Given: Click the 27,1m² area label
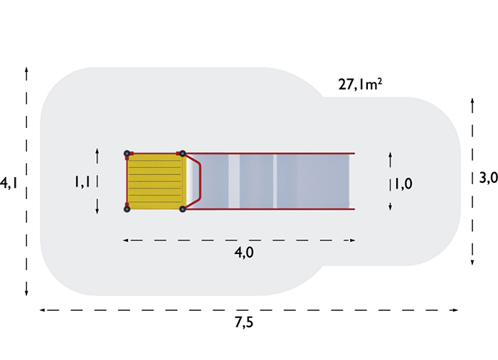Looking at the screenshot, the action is (360, 85).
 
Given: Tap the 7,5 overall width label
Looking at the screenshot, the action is (244, 322).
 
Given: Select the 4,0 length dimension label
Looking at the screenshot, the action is (244, 253).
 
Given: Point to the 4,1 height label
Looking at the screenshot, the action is (9, 184).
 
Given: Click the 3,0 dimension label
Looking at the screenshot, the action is (489, 178).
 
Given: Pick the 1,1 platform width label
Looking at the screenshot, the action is (82, 181).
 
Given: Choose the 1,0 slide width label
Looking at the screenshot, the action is (403, 184).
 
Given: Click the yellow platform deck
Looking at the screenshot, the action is (154, 181).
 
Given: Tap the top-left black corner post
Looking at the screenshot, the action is (127, 154).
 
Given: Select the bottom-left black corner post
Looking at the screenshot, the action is (127, 209).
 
